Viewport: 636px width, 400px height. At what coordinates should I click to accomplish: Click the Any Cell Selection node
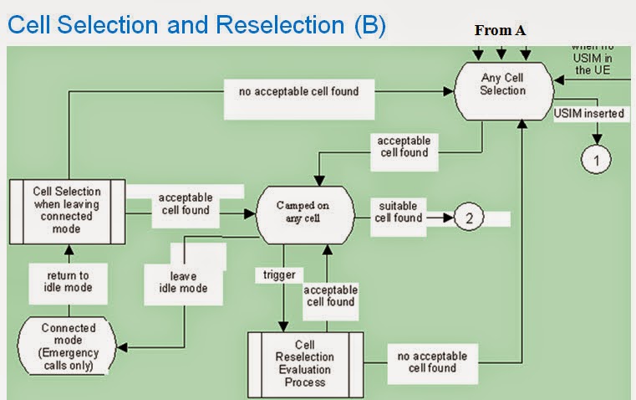click(503, 85)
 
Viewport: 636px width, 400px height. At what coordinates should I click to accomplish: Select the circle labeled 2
click(469, 218)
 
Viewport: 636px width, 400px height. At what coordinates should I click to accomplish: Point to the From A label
click(500, 31)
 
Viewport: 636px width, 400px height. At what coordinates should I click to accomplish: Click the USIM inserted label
click(588, 113)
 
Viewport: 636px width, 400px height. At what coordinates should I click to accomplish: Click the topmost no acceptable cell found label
click(292, 90)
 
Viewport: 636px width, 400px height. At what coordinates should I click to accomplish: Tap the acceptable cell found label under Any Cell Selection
click(403, 146)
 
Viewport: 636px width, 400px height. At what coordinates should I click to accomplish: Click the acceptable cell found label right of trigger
click(329, 295)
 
